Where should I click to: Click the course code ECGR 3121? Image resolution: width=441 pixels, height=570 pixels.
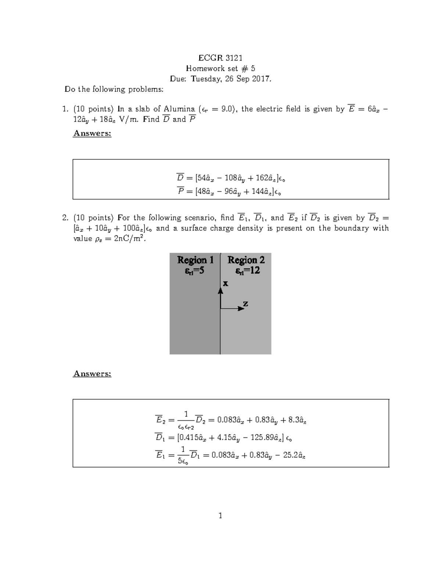[220, 58]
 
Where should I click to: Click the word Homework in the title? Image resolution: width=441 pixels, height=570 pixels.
[203, 68]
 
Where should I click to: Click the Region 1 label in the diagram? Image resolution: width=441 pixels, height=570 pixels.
[195, 260]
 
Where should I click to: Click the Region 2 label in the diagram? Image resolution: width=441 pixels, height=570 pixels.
[246, 260]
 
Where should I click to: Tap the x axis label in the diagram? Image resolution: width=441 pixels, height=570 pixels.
[225, 283]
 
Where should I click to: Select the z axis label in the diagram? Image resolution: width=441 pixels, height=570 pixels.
[245, 304]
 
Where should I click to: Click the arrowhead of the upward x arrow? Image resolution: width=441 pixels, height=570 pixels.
[220, 291]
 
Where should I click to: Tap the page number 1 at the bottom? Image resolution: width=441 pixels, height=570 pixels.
[220, 516]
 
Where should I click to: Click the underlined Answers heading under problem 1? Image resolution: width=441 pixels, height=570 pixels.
[92, 133]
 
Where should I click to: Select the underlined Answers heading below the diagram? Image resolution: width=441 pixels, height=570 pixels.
[92, 374]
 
